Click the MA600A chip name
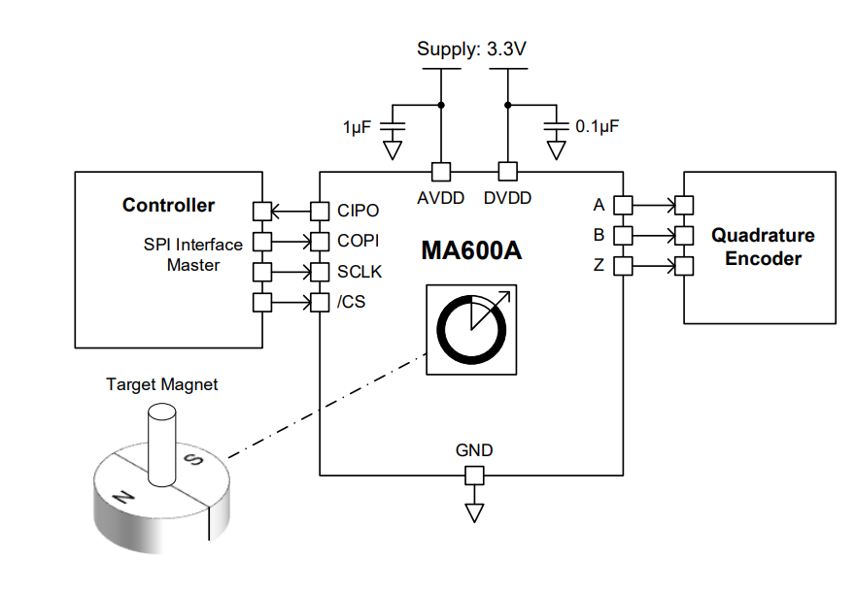point(471,250)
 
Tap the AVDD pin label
point(441,198)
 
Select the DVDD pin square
point(506,172)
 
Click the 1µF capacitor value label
point(357,127)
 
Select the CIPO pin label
point(359,211)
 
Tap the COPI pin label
point(359,241)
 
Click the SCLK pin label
point(359,272)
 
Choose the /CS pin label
point(352,303)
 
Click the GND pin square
point(474,476)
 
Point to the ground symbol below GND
point(474,511)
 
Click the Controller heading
point(168,205)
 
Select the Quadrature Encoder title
point(763,247)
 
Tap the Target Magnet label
point(161,384)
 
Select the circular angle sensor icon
point(471,330)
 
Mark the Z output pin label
point(599,265)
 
